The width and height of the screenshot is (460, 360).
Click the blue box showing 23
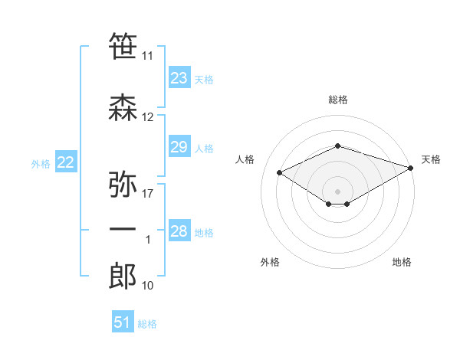[179, 78]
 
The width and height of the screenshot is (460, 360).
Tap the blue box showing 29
[179, 147]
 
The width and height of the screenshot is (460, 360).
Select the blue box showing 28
[179, 231]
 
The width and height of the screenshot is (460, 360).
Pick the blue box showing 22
[66, 162]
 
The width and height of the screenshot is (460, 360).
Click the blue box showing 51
[123, 322]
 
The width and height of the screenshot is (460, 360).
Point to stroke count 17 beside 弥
[149, 194]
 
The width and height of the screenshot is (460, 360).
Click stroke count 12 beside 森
[148, 117]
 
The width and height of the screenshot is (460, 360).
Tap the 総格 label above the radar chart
[337, 100]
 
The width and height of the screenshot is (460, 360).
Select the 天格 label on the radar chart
[431, 159]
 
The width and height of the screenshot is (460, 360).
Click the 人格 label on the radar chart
[245, 159]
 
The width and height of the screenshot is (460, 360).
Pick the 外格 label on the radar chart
[270, 262]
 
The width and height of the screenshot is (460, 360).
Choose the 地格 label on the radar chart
[402, 262]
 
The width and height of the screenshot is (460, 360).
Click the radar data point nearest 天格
[411, 167]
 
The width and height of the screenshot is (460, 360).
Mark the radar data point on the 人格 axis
[279, 172]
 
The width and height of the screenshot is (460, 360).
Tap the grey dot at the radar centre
[337, 191]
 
